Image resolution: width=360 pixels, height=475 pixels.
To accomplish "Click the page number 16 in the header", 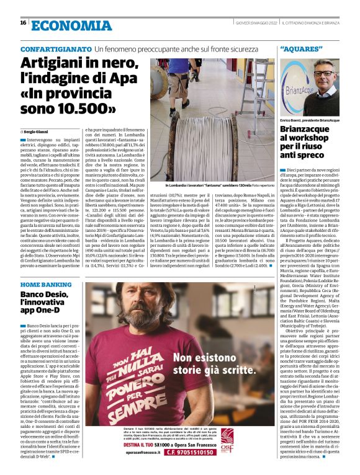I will point(23,23).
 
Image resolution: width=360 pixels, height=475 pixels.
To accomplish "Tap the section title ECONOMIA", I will point(62,24).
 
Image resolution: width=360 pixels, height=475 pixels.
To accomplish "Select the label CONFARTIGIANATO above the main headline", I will point(56,48).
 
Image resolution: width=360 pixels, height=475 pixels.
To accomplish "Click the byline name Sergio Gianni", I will point(38,131).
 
